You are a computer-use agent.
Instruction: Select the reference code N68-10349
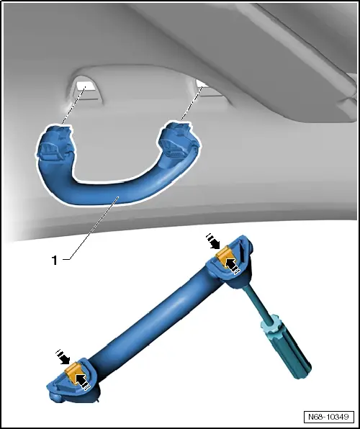[x=328, y=417]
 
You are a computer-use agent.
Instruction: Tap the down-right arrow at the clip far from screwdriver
[x=63, y=356]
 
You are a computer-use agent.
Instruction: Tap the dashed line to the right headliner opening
[x=189, y=108]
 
